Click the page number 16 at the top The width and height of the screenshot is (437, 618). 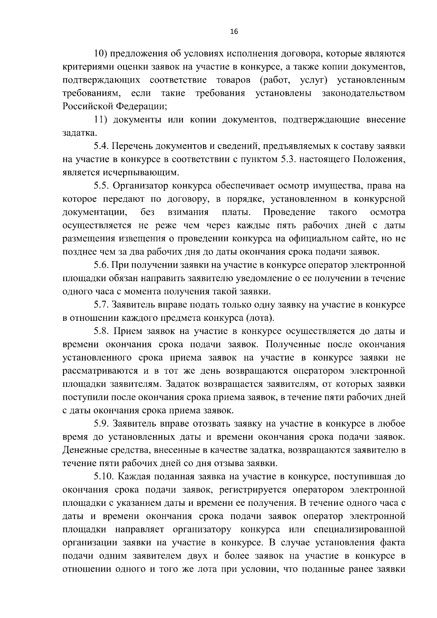point(234,32)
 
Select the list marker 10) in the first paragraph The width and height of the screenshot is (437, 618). point(100,54)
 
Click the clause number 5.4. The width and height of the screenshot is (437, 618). point(100,146)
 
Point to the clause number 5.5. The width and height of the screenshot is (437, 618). point(100,186)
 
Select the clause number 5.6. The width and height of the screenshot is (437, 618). point(100,265)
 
